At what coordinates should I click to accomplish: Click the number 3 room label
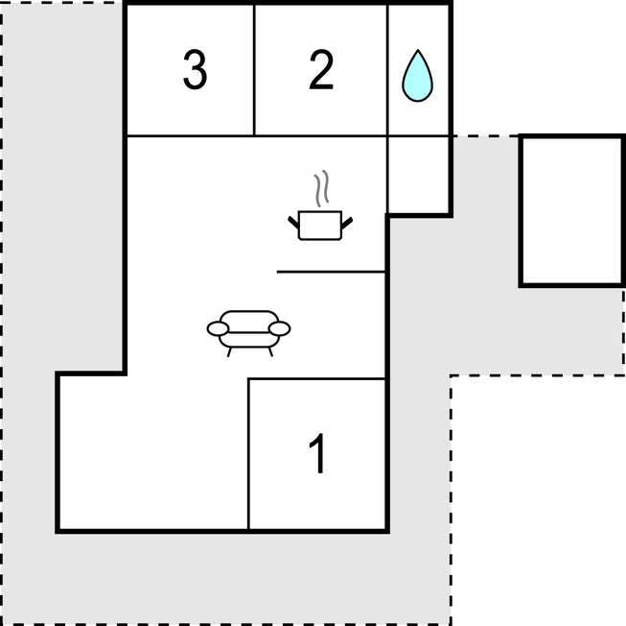(195, 70)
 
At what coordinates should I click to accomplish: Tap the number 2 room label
(321, 69)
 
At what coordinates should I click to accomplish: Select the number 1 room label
(317, 453)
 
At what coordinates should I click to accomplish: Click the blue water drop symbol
(417, 76)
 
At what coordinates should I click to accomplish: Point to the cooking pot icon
(320, 226)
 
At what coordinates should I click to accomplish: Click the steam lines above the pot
(321, 188)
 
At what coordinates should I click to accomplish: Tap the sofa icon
(248, 333)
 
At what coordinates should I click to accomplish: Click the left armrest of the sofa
(218, 328)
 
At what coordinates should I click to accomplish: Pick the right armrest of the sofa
(280, 328)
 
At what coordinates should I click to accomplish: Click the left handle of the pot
(293, 223)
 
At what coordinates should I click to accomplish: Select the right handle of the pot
(347, 223)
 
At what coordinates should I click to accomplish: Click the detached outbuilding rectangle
(571, 210)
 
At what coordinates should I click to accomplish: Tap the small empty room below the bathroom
(418, 175)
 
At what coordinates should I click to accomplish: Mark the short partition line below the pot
(331, 272)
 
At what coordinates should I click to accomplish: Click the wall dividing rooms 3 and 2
(254, 70)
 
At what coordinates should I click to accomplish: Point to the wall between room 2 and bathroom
(387, 70)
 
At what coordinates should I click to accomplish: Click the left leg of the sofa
(229, 352)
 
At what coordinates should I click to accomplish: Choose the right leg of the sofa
(270, 352)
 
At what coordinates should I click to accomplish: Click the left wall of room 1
(248, 454)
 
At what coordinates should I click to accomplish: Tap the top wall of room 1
(317, 378)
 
